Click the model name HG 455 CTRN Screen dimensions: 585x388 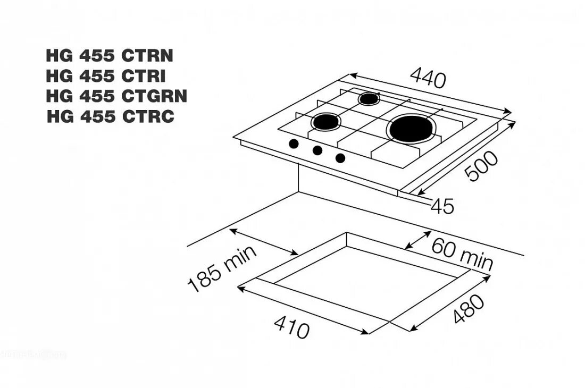click(x=110, y=56)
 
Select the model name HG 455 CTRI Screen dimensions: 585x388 click(x=106, y=76)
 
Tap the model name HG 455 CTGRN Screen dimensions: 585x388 click(x=116, y=96)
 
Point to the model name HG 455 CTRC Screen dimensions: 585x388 click(x=111, y=116)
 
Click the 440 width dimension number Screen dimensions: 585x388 click(x=428, y=79)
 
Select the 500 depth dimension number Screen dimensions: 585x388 click(x=482, y=166)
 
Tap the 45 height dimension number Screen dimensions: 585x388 click(x=442, y=206)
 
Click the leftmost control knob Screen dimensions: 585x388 click(x=293, y=144)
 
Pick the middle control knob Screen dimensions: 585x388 click(x=317, y=150)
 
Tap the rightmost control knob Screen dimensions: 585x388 click(x=340, y=157)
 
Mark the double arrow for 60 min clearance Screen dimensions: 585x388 click(x=418, y=240)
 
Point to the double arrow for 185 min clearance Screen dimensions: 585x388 click(x=264, y=242)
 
